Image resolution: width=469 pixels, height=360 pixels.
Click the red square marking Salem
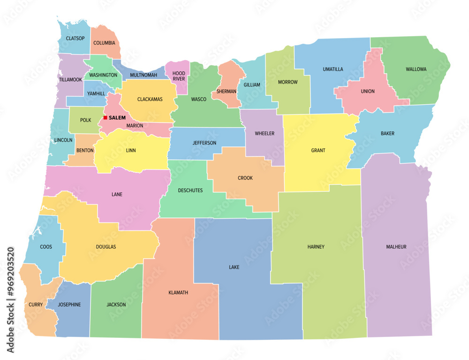coord(106,117)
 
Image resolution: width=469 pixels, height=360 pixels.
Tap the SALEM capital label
coord(117,118)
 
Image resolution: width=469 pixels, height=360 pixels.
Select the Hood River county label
coord(179,76)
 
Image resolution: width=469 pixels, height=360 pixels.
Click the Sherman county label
coord(227,91)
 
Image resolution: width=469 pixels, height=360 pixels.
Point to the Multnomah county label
coord(144,75)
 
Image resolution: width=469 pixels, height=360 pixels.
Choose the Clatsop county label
coord(76,38)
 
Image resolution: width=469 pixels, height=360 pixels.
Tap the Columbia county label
coord(104,43)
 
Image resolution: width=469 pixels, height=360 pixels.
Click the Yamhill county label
coord(95,93)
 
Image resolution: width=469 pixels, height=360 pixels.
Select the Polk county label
coord(85,120)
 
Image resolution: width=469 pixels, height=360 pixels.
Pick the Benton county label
coord(85,150)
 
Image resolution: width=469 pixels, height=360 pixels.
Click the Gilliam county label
coord(252,85)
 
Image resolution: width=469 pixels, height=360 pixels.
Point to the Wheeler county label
coord(265,133)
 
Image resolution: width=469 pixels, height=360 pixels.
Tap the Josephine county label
coord(69,305)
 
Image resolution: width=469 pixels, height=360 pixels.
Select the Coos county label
coord(46,246)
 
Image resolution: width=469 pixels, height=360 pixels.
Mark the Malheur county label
coord(396,246)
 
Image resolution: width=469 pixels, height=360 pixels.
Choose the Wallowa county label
coord(416,69)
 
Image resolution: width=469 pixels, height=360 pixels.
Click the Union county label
coord(368,91)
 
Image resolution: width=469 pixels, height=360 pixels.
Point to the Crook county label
coord(245,178)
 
